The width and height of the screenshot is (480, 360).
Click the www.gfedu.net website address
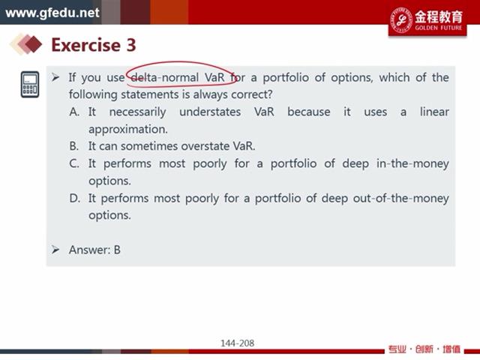point(52,13)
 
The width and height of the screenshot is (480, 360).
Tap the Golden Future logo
point(427,20)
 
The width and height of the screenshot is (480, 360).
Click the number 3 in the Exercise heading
point(131,45)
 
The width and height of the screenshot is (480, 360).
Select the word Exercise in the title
point(86,45)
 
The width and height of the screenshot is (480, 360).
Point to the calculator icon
point(30,85)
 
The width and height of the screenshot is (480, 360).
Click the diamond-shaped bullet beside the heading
point(26,43)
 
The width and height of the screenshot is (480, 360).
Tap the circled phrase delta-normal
point(165,77)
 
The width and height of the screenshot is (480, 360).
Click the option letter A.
point(74,112)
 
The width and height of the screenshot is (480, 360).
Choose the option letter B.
point(73,146)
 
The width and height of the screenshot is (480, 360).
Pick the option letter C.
point(74,163)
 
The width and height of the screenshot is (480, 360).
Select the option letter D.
point(74,198)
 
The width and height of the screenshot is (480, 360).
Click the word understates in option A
point(210,112)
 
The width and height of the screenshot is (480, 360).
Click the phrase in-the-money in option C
point(412,163)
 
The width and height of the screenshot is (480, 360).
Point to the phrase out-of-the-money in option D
point(401,198)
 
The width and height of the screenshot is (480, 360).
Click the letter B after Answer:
point(117,250)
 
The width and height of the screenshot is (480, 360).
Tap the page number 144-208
point(238,343)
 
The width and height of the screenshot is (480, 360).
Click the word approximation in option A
point(128,130)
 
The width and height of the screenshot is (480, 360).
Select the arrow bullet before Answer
point(55,250)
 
